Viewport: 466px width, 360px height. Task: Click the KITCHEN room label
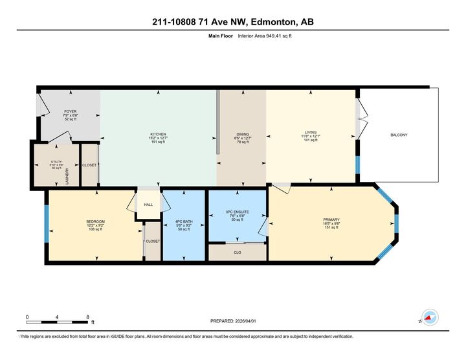point(158,134)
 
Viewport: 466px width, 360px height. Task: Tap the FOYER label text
point(61,111)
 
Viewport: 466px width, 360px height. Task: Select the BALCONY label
point(399,135)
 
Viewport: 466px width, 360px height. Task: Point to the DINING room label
point(241,134)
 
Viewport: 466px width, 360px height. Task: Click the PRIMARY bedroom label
point(331,219)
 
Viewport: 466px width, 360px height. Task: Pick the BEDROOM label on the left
point(95,221)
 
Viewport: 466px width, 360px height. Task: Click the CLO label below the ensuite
point(237,252)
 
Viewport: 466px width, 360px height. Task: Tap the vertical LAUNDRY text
point(67,175)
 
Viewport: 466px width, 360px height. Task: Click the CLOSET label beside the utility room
point(89,165)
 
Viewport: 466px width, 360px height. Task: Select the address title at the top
point(232,22)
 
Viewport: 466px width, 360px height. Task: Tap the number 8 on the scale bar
point(87,317)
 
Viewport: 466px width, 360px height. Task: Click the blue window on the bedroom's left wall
point(46,223)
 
